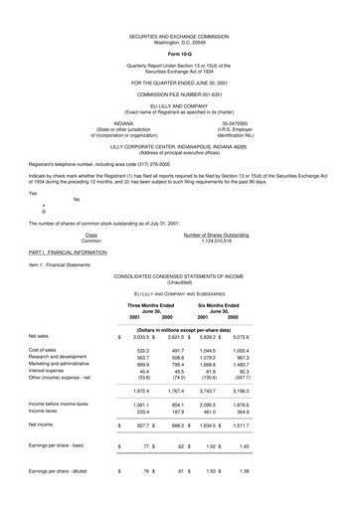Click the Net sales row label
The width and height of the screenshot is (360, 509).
41,336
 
